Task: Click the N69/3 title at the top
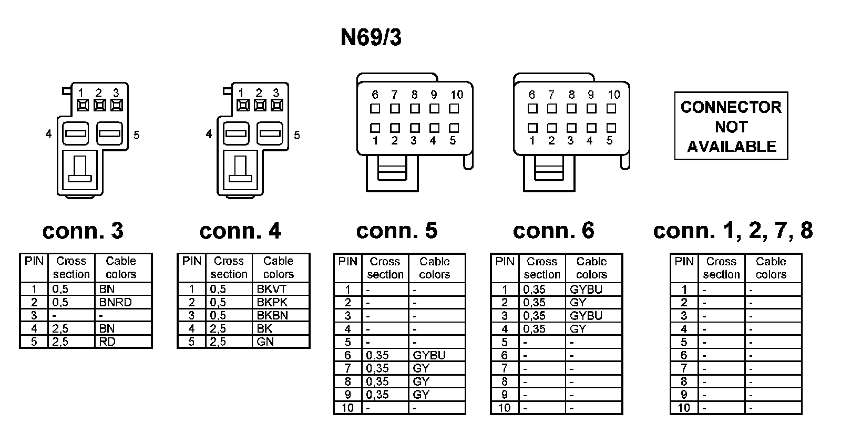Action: (x=371, y=38)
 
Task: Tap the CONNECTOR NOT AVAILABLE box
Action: (x=731, y=126)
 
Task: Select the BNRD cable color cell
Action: (x=115, y=302)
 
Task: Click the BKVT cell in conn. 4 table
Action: (x=272, y=289)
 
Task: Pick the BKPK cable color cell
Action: (x=272, y=302)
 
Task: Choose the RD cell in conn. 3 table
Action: (x=107, y=342)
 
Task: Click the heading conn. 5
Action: (x=397, y=231)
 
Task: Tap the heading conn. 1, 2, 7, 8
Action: (x=733, y=231)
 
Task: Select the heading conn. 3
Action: (x=83, y=231)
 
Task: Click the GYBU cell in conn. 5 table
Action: (x=429, y=355)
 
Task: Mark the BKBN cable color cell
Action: (x=272, y=315)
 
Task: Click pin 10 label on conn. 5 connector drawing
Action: (x=457, y=95)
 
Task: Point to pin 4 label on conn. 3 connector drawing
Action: (x=49, y=134)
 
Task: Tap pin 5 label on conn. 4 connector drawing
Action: (x=297, y=135)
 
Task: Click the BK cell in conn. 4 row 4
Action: (x=264, y=328)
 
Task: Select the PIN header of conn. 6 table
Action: (x=505, y=262)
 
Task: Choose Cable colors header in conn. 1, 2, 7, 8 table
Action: (x=771, y=268)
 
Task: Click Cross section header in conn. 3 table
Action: (x=71, y=267)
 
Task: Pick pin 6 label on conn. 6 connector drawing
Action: (x=532, y=95)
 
